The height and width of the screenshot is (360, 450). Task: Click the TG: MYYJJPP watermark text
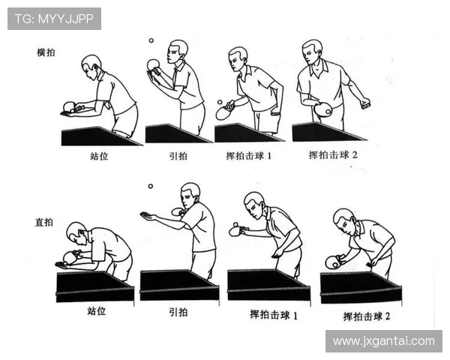pyautogui.click(x=54, y=19)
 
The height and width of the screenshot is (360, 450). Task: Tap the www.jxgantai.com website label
pyautogui.click(x=383, y=341)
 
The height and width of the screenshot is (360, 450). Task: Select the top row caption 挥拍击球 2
pyautogui.click(x=334, y=155)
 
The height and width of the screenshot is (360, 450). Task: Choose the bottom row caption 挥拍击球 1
pyautogui.click(x=274, y=315)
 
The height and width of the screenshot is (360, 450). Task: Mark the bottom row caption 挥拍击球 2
pyautogui.click(x=367, y=316)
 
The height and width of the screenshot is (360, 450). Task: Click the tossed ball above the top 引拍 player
pyautogui.click(x=151, y=41)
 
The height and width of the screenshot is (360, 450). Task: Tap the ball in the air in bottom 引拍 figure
pyautogui.click(x=150, y=186)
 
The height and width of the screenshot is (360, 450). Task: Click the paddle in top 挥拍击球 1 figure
pyautogui.click(x=224, y=112)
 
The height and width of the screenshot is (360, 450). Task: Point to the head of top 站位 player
pyautogui.click(x=91, y=64)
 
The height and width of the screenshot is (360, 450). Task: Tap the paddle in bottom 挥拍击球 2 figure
pyautogui.click(x=333, y=262)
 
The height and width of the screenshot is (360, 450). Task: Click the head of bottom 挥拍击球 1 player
pyautogui.click(x=254, y=202)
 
